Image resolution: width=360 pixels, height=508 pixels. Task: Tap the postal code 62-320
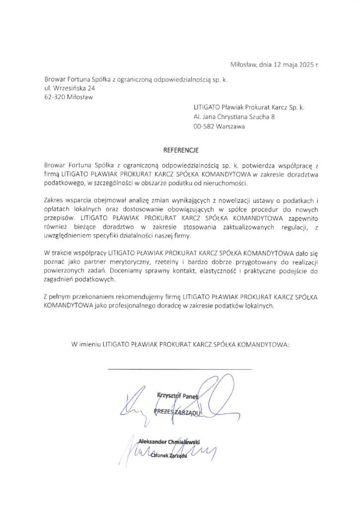point(55,97)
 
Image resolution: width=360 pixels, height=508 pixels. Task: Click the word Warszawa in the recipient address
point(230,126)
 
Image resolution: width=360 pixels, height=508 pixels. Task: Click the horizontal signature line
point(179,369)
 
